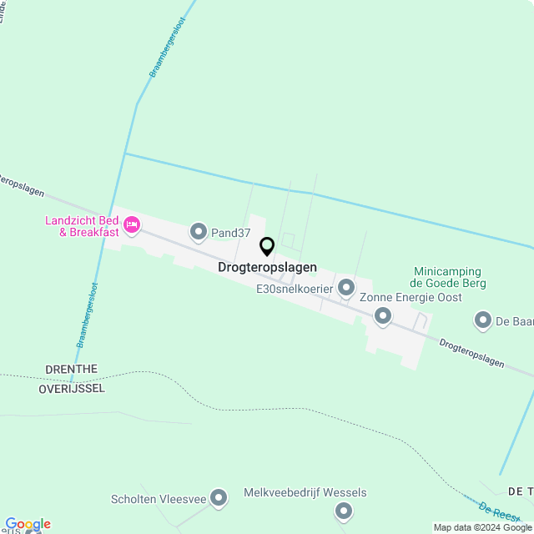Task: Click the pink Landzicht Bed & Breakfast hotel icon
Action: coord(131,225)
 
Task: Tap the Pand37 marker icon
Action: coord(199,231)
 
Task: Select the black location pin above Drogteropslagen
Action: coord(267,246)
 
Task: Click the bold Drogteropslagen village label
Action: coord(267,268)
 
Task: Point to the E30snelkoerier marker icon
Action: coord(346,288)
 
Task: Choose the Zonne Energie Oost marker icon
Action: coord(383,315)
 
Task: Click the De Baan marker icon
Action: coord(483,320)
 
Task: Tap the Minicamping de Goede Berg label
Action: coord(449,277)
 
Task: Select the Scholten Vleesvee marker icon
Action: coord(219,498)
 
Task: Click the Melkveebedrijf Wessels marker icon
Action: coord(343,511)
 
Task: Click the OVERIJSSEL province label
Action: coord(72,389)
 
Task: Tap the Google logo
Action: coord(27,524)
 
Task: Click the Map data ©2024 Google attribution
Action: coord(482,527)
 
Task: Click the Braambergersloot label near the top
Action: coord(166,49)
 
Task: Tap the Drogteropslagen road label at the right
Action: coord(471,351)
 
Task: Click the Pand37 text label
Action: coord(231,233)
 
